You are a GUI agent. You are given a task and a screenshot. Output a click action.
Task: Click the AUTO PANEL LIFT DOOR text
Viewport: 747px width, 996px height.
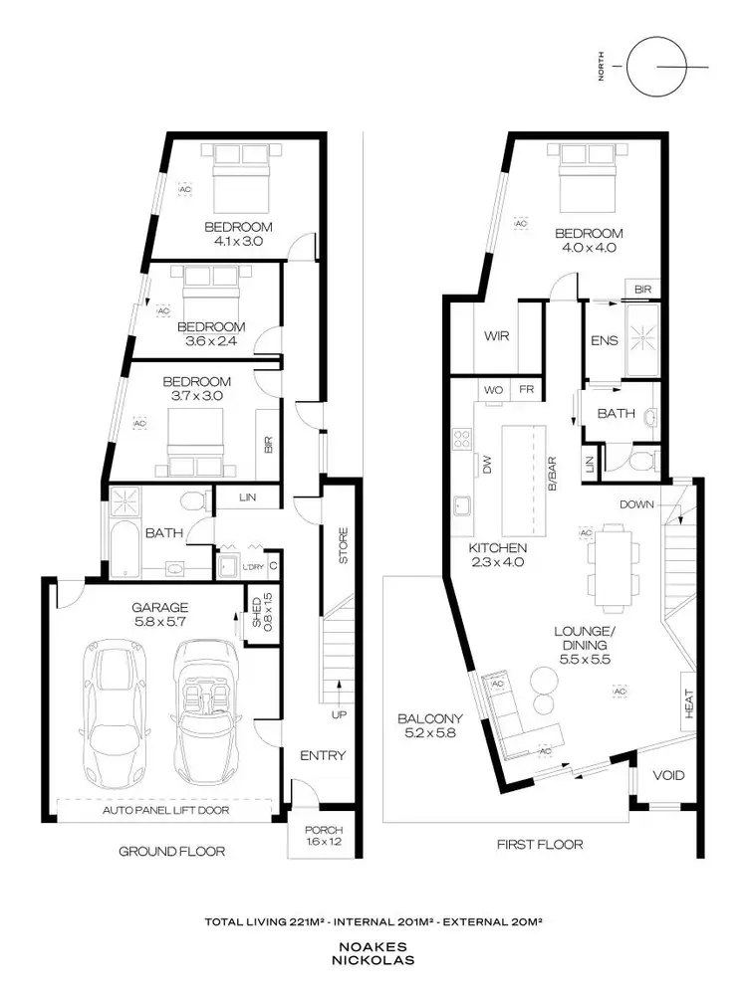pyautogui.click(x=165, y=810)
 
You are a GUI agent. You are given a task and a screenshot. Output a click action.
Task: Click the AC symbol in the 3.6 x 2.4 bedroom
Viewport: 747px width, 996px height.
pyautogui.click(x=164, y=310)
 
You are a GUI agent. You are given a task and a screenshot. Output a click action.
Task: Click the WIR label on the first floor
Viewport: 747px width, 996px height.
pyautogui.click(x=497, y=336)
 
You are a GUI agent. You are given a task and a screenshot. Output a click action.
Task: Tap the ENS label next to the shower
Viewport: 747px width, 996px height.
pyautogui.click(x=604, y=340)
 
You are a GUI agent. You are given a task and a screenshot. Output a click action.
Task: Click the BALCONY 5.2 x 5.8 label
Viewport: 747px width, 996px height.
pyautogui.click(x=427, y=725)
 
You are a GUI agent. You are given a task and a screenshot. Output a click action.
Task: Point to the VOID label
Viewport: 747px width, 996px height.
pyautogui.click(x=667, y=775)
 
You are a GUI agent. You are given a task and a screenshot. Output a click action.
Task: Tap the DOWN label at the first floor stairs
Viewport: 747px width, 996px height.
pyautogui.click(x=636, y=504)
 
